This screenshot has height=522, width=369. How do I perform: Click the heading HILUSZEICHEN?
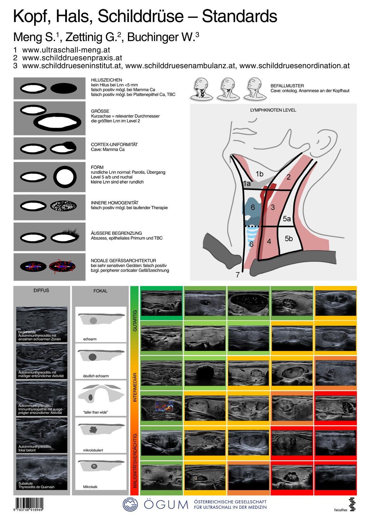106,80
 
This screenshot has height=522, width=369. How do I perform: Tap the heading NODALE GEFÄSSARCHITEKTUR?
123,261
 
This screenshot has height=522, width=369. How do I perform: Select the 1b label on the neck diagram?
259,174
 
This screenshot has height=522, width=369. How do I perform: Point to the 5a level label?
287,218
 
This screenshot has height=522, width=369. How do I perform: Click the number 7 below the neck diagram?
238,275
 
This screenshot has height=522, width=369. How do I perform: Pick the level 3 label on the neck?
273,207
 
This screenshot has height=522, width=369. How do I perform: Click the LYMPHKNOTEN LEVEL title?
273,110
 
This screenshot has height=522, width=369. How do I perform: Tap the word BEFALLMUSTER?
287,86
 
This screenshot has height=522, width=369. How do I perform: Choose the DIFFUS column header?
41,290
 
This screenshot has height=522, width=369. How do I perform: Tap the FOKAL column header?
100,291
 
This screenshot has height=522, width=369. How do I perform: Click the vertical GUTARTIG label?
135,320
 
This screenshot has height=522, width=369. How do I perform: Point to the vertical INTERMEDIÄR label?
135,387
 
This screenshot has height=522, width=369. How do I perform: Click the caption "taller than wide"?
96,412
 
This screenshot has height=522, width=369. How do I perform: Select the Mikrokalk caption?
90,487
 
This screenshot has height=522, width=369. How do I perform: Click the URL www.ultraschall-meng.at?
66,50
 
